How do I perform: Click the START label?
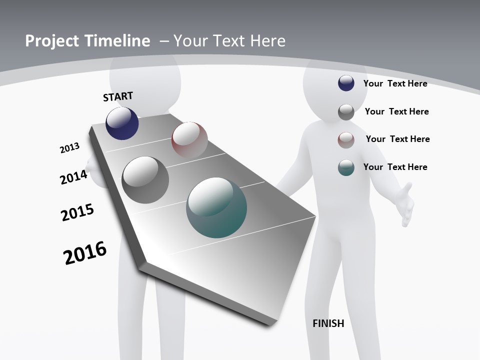(118, 96)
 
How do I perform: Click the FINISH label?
(328, 323)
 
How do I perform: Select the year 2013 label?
(69, 148)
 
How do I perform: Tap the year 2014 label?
(73, 177)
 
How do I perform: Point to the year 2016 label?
(85, 253)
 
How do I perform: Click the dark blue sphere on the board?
(122, 123)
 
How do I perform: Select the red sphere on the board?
(189, 140)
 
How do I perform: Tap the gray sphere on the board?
(145, 180)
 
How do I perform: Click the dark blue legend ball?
(346, 83)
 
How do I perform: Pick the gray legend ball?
(346, 112)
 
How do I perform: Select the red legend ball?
(346, 140)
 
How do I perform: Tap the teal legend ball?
(346, 167)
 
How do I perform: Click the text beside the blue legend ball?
(395, 83)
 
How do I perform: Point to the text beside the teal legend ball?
(395, 167)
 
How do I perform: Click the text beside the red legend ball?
(397, 139)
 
